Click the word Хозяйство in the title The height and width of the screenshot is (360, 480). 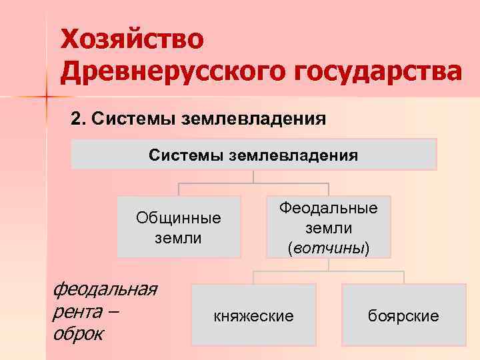133,39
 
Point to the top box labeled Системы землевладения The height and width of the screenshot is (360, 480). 253,155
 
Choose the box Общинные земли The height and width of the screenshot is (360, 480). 178,227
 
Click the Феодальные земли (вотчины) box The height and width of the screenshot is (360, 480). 328,227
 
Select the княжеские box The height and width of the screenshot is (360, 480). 253,315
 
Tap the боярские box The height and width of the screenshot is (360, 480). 403,315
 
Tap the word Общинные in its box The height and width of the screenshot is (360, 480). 178,217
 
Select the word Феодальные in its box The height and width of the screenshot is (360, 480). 328,208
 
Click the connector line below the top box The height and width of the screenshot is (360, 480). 253,177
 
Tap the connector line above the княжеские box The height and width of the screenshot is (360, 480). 253,277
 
